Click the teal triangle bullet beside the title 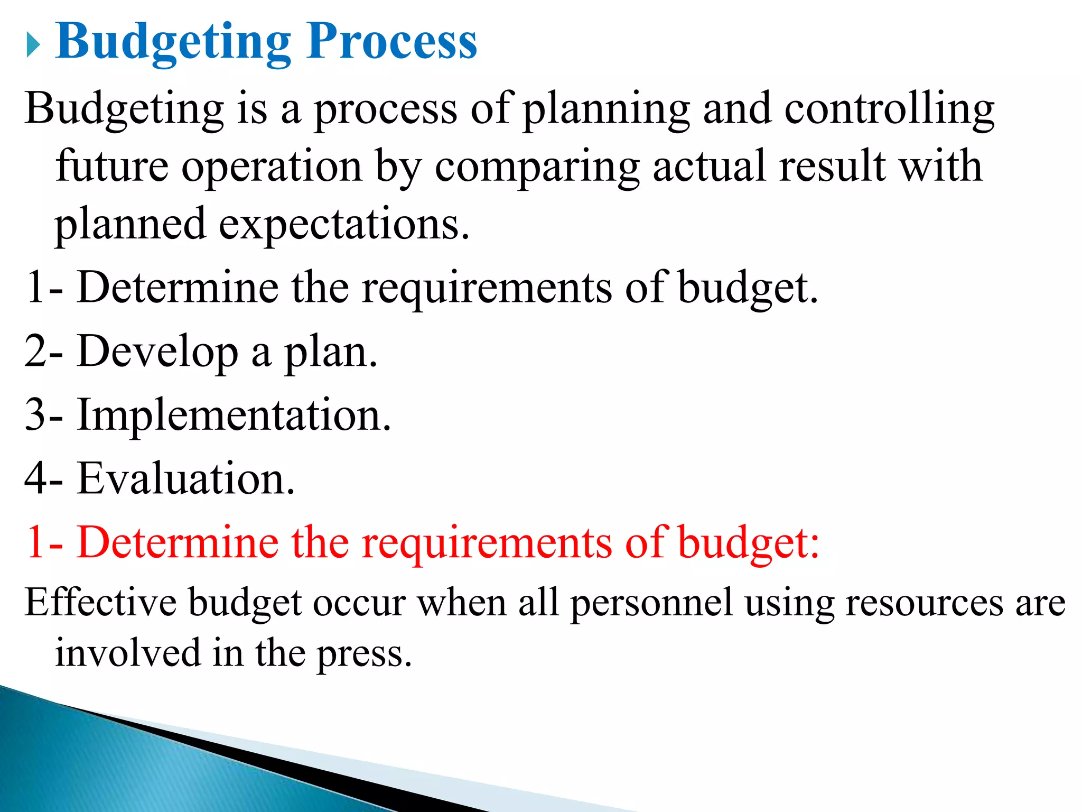pos(33,44)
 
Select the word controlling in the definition pos(889,109)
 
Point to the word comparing pos(537,168)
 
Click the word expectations pos(343,225)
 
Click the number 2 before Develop pos(36,352)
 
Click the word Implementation pos(234,416)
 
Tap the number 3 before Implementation pos(36,416)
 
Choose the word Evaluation pos(185,478)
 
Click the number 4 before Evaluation pos(36,478)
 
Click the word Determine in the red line pos(178,542)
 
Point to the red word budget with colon pos(748,543)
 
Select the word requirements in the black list pos(487,289)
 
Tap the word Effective pos(100,603)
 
